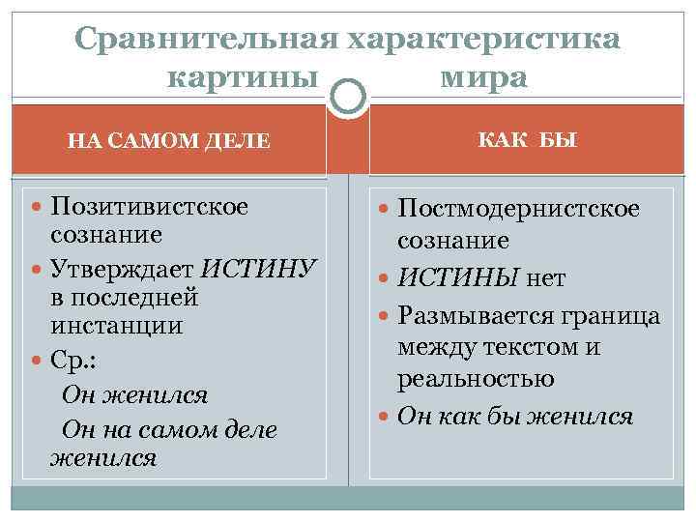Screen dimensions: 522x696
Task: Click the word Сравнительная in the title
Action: [206, 39]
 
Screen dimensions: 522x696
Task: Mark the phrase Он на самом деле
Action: [168, 428]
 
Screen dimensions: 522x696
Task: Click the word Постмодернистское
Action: [519, 209]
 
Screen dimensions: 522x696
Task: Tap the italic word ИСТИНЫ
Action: [461, 279]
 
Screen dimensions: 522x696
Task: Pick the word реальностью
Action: [475, 379]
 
